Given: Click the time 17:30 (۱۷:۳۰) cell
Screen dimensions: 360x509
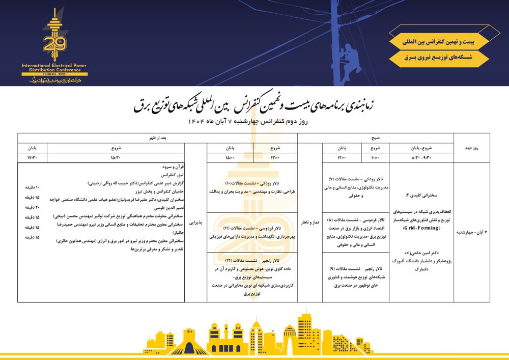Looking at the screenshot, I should pyautogui.click(x=33, y=157).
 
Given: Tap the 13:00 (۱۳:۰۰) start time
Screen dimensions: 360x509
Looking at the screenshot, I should pyautogui.click(x=275, y=157).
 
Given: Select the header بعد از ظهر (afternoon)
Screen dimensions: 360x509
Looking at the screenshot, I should pyautogui.click(x=158, y=137).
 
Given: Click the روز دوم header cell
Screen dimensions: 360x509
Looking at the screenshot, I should pyautogui.click(x=471, y=148).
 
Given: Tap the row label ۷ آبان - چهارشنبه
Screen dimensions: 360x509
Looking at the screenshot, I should pyautogui.click(x=471, y=232).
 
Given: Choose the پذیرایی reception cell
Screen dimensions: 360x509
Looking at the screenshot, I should pyautogui.click(x=195, y=223).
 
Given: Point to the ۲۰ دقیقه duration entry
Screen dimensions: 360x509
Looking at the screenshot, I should pyautogui.click(x=32, y=207).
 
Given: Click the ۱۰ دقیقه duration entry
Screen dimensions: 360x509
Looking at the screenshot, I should pyautogui.click(x=32, y=187).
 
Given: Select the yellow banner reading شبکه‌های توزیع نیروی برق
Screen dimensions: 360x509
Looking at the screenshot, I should pyautogui.click(x=439, y=58).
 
